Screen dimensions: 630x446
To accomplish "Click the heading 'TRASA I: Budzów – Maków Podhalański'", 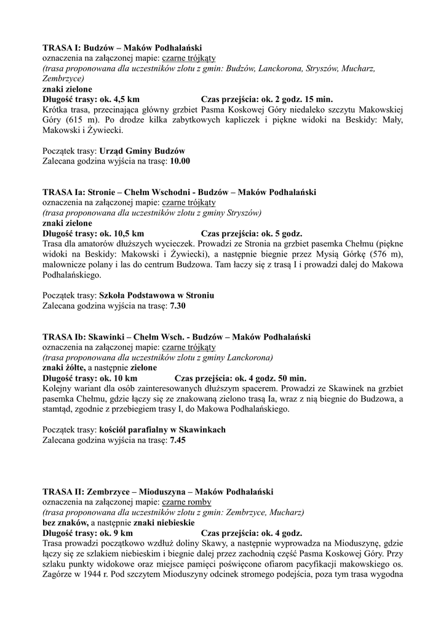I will click(x=122, y=47).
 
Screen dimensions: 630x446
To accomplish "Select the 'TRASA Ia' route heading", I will click(x=179, y=193).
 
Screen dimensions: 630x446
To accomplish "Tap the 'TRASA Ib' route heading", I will click(x=176, y=337).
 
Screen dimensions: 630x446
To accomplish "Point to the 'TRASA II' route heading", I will click(x=158, y=492).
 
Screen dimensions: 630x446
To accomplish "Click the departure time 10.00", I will click(x=180, y=161).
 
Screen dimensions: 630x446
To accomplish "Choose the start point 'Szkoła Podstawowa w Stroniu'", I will click(x=156, y=296).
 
